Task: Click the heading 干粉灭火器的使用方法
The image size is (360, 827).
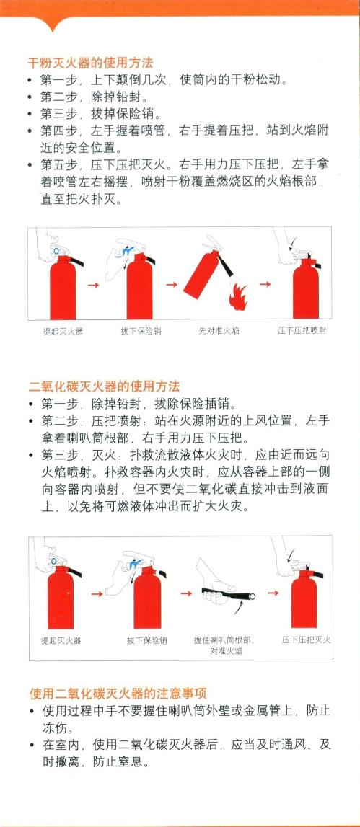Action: pyautogui.click(x=90, y=63)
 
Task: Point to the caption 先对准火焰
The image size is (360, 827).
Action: pyautogui.click(x=219, y=331)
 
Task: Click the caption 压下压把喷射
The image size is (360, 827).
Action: pyautogui.click(x=302, y=331)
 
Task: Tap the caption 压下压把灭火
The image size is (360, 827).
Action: pyautogui.click(x=306, y=640)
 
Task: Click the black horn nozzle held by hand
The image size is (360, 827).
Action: pyautogui.click(x=229, y=594)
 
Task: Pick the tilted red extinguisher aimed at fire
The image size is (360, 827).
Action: pyautogui.click(x=201, y=274)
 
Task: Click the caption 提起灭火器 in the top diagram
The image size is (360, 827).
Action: pyautogui.click(x=63, y=331)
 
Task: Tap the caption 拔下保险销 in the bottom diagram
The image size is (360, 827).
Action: pyautogui.click(x=146, y=640)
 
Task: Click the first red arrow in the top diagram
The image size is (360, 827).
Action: pyautogui.click(x=94, y=285)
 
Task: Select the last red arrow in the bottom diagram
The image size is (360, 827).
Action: pyautogui.click(x=273, y=593)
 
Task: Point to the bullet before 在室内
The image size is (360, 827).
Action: pyautogui.click(x=32, y=746)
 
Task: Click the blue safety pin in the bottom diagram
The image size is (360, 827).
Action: pyautogui.click(x=133, y=565)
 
